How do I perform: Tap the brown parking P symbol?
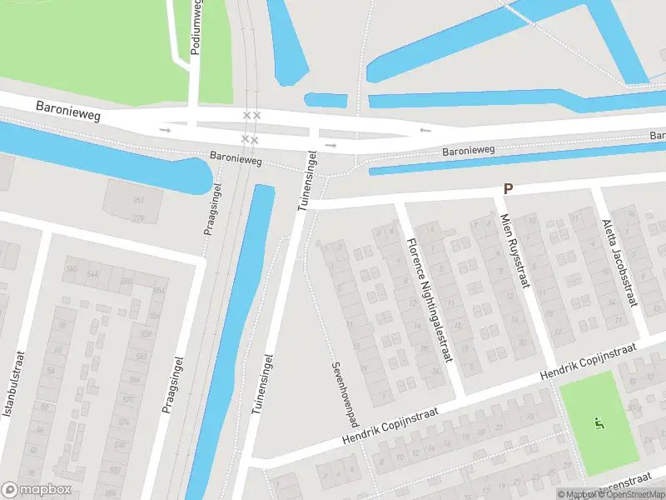(508, 190)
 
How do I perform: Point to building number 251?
(138, 201)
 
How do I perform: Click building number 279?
(138, 217)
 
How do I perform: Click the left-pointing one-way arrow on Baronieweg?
(425, 130)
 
